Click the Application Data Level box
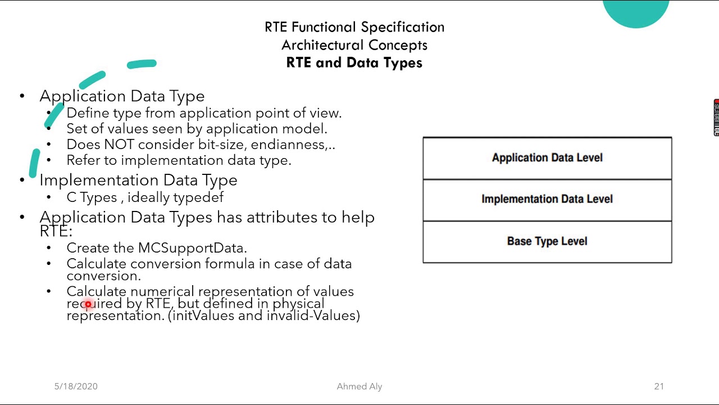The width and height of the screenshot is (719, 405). coord(547,158)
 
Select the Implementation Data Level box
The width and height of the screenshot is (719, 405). coord(547,200)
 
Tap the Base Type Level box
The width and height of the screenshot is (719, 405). coord(547,241)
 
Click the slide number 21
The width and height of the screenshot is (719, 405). coord(659,386)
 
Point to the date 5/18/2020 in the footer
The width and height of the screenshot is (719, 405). coord(76,386)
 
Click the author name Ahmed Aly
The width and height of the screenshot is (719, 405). coord(359,386)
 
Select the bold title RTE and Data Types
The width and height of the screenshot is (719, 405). coord(354,63)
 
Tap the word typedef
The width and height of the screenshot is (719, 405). coord(198,197)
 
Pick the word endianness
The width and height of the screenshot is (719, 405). coord(288,145)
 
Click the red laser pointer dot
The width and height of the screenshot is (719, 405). coord(88,304)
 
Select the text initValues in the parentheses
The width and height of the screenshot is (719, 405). coord(203,316)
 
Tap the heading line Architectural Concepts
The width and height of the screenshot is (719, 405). coord(354,45)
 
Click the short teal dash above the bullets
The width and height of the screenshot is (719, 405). coord(142,64)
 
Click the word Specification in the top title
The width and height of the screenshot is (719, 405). coord(403,27)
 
